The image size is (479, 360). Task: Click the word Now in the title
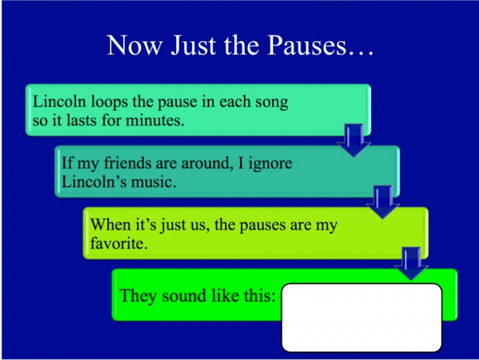pos(134,45)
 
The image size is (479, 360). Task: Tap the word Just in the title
pos(193,45)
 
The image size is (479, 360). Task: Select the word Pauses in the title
pos(307,45)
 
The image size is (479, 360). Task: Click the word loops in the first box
pos(109,102)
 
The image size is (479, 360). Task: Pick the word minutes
pos(155,120)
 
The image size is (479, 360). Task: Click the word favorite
pos(119,243)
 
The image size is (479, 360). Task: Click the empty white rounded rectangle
pos(362,317)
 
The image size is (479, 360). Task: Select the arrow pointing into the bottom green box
pos(411,263)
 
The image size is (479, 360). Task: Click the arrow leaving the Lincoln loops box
pos(354,140)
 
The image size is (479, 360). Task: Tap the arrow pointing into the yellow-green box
pos(383,202)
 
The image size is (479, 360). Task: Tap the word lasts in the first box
pos(82,120)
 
